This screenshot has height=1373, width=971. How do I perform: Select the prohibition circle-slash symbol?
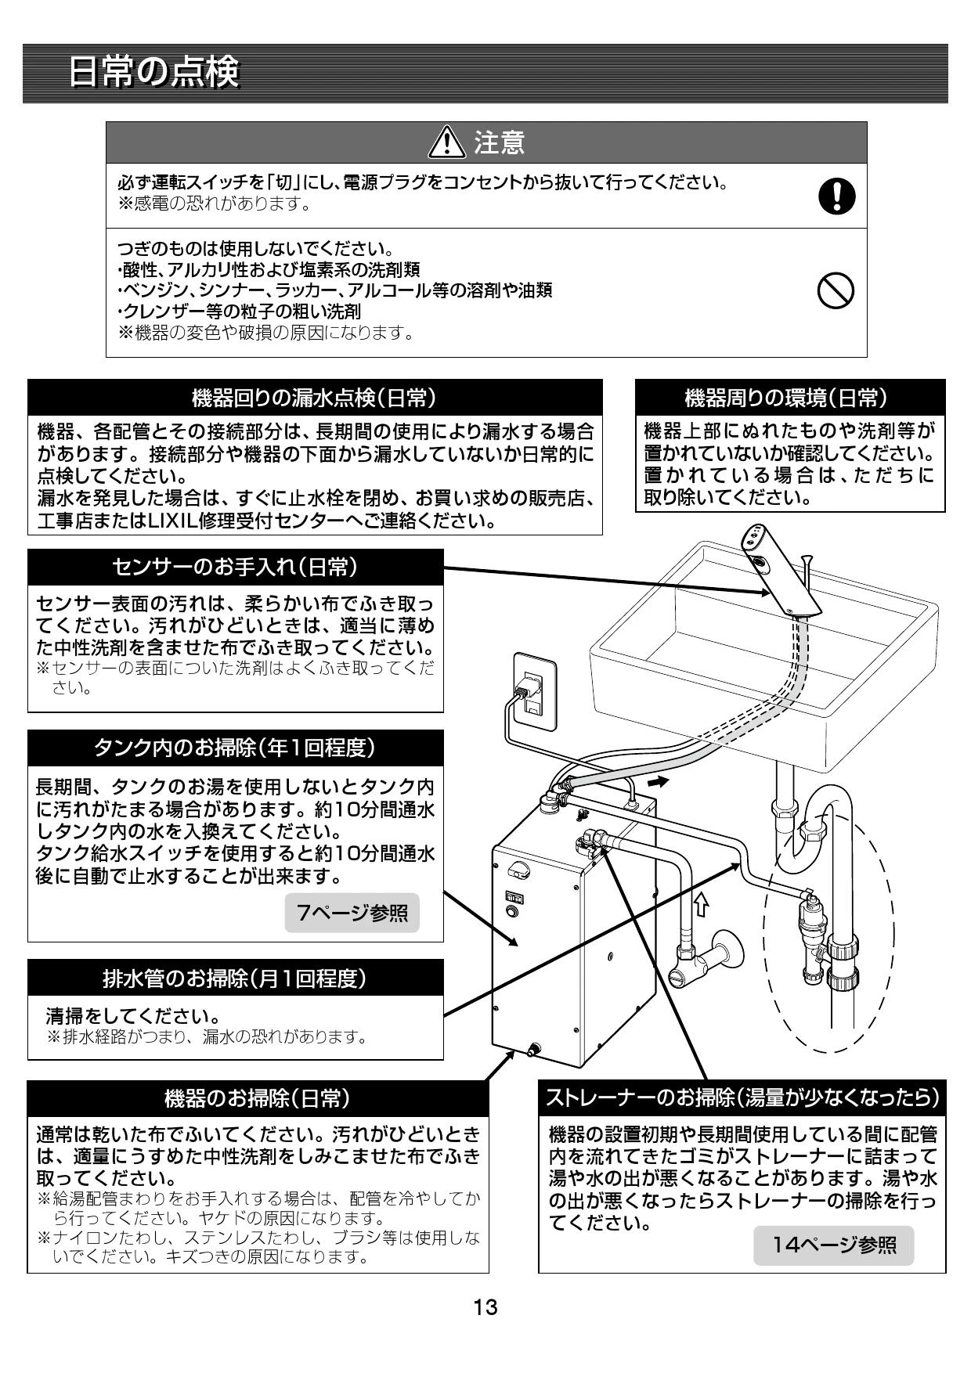point(836,292)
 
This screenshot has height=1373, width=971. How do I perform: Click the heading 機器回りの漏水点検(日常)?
point(315,398)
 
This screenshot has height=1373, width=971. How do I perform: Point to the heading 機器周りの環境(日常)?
point(789,398)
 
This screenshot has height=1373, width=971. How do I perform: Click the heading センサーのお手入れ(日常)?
point(235,568)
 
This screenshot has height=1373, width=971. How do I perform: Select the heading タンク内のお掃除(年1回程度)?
point(235,748)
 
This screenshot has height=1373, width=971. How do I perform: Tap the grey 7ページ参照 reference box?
point(352,912)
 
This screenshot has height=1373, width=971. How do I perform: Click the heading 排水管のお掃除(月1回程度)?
point(235,978)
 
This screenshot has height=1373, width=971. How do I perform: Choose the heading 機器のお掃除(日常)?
point(258,1098)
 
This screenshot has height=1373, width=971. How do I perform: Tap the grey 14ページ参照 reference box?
point(833,1245)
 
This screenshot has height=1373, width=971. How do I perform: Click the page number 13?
point(485,1306)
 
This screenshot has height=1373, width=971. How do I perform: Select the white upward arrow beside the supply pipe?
point(701,904)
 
